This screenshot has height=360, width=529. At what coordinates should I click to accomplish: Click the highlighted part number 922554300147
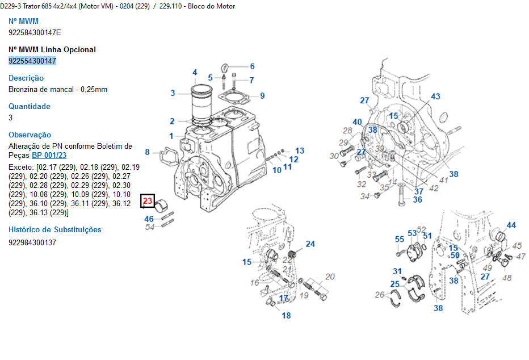tap(32, 61)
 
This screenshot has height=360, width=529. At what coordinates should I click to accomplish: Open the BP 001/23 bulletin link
tap(49, 155)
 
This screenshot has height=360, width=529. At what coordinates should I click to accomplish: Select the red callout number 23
tap(148, 201)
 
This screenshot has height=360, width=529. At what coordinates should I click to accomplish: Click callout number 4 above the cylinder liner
tap(195, 73)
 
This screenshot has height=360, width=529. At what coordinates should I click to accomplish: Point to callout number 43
tap(435, 97)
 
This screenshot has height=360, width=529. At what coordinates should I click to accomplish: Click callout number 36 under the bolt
tap(418, 200)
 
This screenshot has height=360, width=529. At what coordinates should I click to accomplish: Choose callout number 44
tap(511, 225)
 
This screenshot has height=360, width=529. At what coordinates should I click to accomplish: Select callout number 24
tap(310, 244)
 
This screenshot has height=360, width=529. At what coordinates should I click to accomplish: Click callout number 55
tap(400, 240)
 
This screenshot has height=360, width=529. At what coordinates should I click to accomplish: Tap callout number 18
tap(287, 316)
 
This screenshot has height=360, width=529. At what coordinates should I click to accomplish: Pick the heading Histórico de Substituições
tap(55, 230)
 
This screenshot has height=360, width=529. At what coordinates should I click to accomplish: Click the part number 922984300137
tap(32, 242)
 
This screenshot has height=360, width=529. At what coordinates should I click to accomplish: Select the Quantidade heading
tap(30, 106)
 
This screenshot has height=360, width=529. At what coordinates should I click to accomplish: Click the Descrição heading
tap(26, 78)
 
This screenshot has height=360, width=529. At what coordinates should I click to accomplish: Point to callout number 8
tap(147, 152)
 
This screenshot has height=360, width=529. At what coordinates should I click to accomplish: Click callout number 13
tap(300, 150)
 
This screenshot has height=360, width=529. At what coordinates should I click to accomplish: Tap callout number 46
tap(149, 219)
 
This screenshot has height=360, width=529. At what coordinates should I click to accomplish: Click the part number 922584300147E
tap(35, 32)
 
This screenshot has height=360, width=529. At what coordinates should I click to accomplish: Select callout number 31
tap(397, 271)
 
